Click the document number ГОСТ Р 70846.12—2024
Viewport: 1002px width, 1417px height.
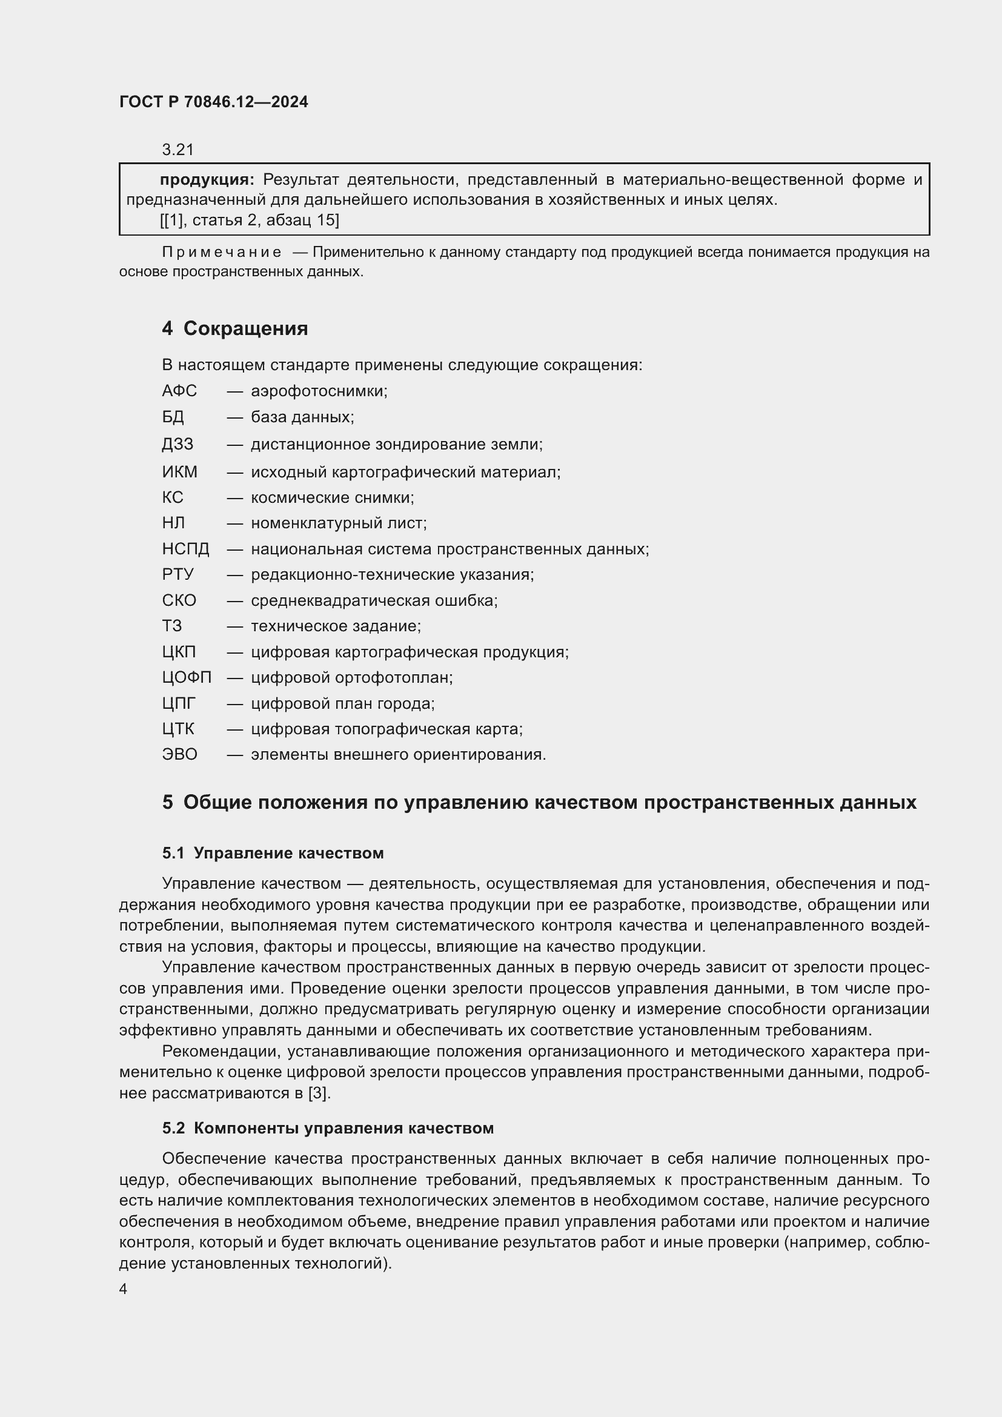[x=213, y=102]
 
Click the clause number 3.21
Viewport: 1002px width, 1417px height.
[x=178, y=150]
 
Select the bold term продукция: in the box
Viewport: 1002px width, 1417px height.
[x=207, y=179]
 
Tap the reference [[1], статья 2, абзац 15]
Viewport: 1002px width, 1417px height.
[x=249, y=220]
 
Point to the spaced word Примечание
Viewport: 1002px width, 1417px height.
[x=222, y=252]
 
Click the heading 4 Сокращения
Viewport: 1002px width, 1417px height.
[x=234, y=328]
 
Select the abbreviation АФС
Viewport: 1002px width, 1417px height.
[x=179, y=391]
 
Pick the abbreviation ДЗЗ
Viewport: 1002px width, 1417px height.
[x=178, y=443]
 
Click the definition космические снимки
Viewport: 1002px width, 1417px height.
[x=332, y=497]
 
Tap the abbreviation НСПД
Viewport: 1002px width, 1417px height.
[x=186, y=549]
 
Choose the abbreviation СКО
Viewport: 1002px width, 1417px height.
[x=179, y=600]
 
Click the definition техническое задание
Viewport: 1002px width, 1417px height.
[x=336, y=626]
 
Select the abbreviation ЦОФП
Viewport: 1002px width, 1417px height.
[x=187, y=678]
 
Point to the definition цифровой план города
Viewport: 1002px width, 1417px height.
[x=342, y=703]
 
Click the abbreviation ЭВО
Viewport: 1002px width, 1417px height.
[x=179, y=754]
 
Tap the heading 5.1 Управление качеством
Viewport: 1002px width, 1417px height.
[x=273, y=853]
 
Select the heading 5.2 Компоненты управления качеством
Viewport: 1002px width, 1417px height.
[x=328, y=1128]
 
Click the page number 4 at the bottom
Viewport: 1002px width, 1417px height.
[x=124, y=1289]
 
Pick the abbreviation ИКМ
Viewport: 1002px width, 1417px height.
[x=179, y=471]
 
